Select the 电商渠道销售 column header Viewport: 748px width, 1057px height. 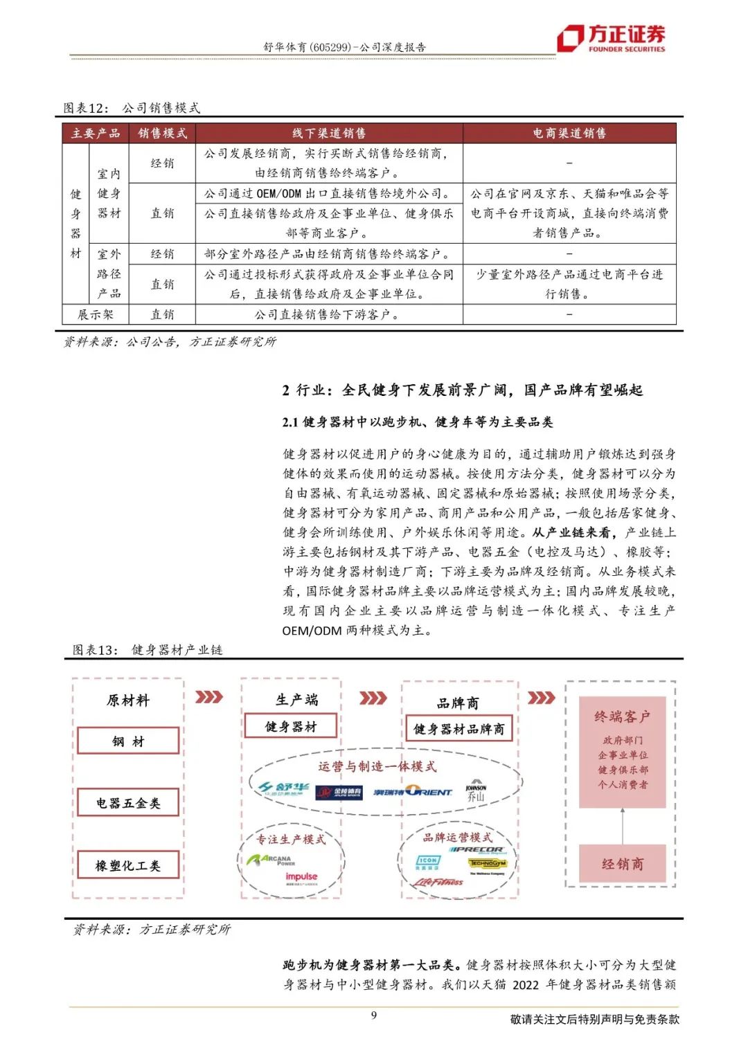569,133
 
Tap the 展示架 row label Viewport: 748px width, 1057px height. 96,314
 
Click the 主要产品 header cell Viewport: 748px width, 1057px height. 96,133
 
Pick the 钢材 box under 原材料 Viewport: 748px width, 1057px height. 128,741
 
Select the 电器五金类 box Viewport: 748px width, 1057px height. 128,803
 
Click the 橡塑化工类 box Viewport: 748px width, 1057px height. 128,865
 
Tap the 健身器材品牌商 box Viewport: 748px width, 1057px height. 459,729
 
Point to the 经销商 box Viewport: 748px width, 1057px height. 622,863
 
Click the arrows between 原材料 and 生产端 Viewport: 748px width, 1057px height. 209,696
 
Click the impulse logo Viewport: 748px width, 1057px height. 301,878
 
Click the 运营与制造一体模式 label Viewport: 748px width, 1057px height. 377,766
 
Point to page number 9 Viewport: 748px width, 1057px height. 374,1015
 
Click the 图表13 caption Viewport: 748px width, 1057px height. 148,650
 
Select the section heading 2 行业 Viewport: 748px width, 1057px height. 462,390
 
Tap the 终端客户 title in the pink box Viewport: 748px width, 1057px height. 622,717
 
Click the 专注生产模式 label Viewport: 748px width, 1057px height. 291,840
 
